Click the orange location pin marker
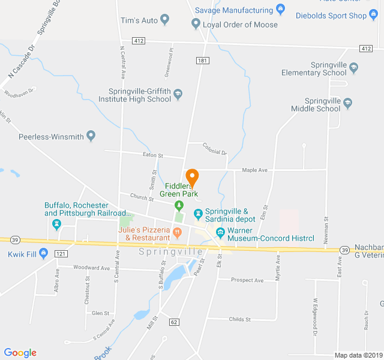pos(192,178)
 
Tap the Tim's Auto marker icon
pos(165,20)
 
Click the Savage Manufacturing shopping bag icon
pos(280,10)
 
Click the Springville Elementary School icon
pos(354,68)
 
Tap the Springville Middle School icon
pos(347,104)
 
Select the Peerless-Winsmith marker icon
pos(91,136)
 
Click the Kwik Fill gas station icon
pos(43,254)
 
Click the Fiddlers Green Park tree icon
pos(178,206)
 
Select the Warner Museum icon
pos(220,232)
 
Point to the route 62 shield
pos(174,322)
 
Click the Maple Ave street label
pos(254,170)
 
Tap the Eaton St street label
pos(152,155)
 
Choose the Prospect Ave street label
pos(247,280)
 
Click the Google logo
pos(20,353)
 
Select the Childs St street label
pos(240,319)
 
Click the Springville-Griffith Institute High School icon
pos(178,94)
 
